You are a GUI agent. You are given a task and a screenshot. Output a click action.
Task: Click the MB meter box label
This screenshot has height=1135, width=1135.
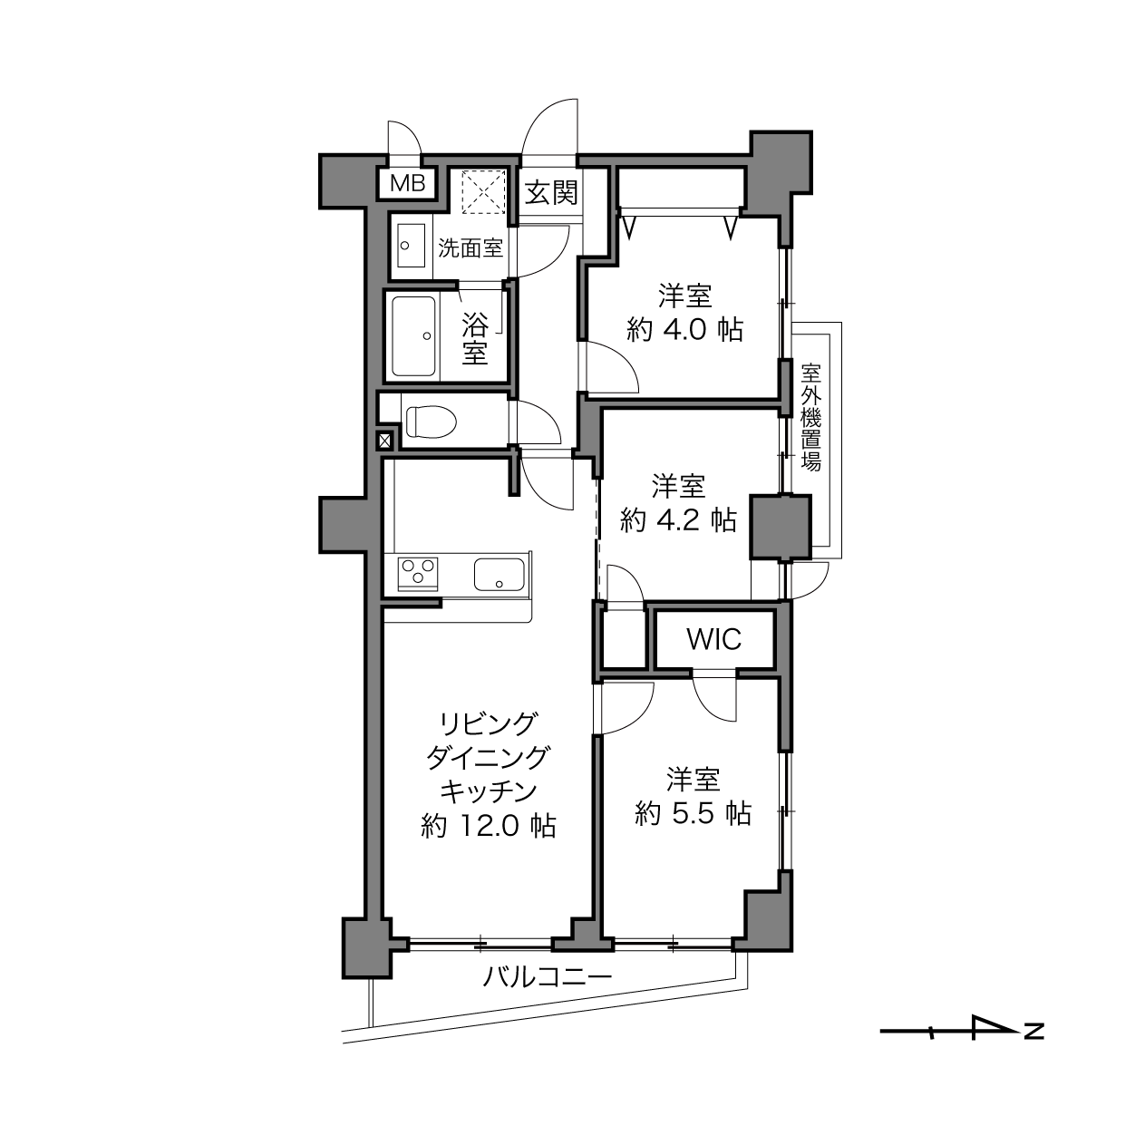(x=408, y=184)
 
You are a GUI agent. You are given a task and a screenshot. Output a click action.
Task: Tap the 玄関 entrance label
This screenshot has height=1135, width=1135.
(x=551, y=192)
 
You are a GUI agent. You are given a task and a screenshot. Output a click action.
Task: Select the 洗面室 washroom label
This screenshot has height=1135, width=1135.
(x=470, y=248)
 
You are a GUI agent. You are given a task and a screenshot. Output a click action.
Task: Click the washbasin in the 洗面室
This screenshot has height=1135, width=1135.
(x=412, y=245)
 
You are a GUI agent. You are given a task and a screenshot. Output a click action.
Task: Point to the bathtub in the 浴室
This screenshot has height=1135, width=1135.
(x=413, y=335)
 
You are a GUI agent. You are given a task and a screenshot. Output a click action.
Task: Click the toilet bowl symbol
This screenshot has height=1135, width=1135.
(x=432, y=422)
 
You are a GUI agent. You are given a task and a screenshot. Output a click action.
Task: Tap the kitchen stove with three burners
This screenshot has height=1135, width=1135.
(x=418, y=573)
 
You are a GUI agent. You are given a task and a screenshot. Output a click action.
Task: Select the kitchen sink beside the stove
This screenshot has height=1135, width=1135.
(x=500, y=574)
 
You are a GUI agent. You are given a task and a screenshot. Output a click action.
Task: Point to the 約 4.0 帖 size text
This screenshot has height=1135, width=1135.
(x=684, y=329)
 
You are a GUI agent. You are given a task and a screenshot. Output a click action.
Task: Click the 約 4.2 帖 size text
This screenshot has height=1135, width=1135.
(x=678, y=519)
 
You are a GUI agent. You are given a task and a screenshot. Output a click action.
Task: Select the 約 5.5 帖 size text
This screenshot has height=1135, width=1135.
(x=693, y=813)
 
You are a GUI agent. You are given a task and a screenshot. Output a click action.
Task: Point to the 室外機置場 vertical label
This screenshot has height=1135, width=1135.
(x=811, y=417)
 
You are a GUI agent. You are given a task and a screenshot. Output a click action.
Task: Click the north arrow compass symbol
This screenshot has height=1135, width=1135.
(x=961, y=1048)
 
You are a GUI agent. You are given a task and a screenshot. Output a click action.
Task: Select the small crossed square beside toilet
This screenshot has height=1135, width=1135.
(x=384, y=440)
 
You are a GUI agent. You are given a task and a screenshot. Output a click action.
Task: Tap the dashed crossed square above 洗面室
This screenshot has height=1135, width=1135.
(x=483, y=192)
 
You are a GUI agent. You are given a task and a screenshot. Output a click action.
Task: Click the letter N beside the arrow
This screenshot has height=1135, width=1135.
(x=1034, y=1048)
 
